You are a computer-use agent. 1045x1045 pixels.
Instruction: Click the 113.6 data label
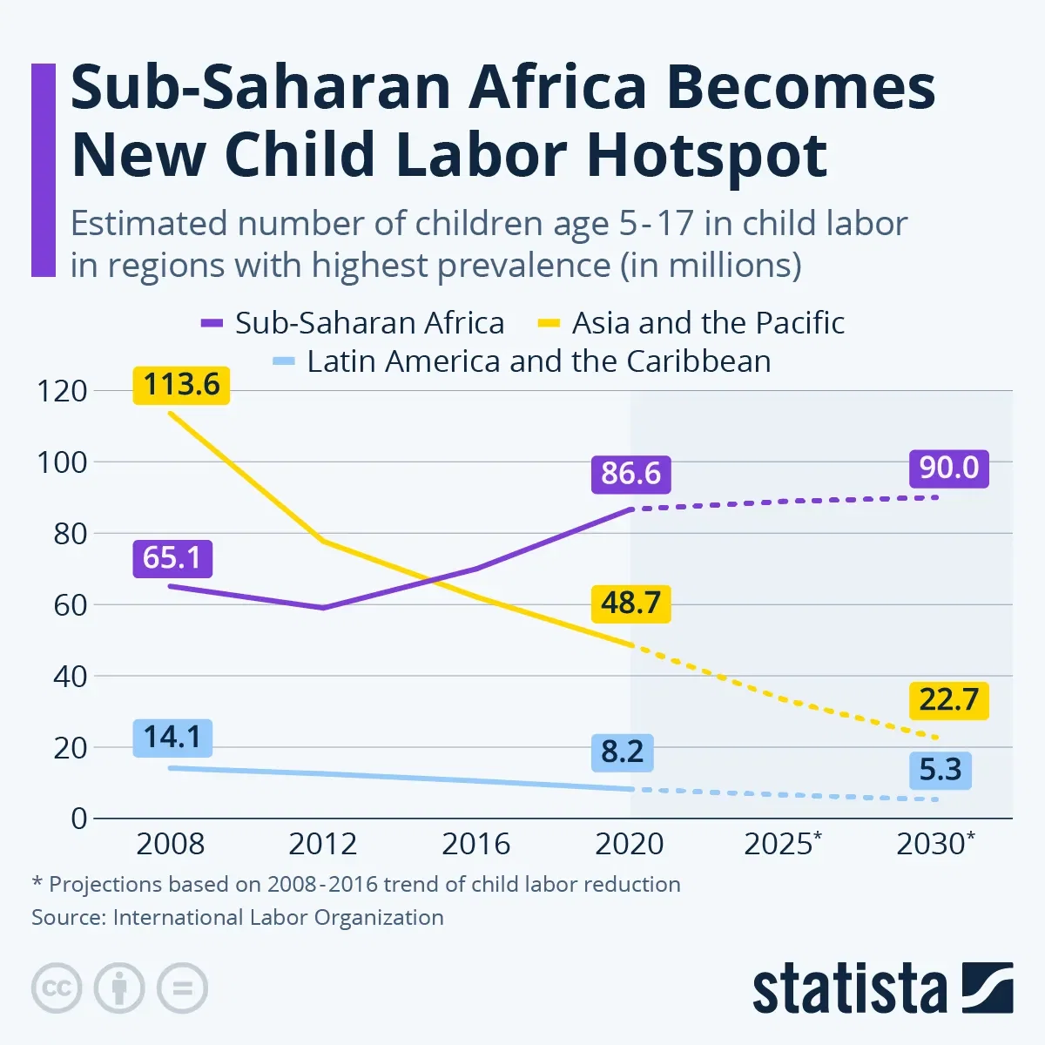tap(181, 385)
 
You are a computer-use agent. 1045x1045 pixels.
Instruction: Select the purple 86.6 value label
tap(630, 474)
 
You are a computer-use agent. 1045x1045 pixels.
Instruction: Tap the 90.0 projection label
tap(948, 469)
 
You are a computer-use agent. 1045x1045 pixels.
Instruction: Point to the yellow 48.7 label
tap(630, 603)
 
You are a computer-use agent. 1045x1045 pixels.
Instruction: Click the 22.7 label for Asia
tap(948, 700)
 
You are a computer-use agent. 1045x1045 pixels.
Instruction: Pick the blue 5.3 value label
tap(940, 771)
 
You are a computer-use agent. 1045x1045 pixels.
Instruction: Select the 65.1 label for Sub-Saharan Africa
tap(172, 558)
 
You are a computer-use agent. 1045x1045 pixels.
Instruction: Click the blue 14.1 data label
tap(172, 738)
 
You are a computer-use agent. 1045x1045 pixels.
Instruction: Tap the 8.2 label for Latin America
tap(622, 752)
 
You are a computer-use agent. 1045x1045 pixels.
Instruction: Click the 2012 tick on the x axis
tap(322, 844)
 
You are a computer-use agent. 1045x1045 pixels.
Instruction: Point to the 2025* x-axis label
tap(782, 844)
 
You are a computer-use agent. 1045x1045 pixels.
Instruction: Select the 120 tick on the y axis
tap(62, 391)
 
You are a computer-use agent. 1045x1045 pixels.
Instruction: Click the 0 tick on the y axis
tap(79, 819)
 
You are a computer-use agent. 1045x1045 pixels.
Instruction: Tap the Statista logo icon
tap(987, 988)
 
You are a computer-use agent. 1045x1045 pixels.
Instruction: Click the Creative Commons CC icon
tap(57, 988)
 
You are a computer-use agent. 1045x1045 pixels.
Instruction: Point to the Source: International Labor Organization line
tap(238, 918)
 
